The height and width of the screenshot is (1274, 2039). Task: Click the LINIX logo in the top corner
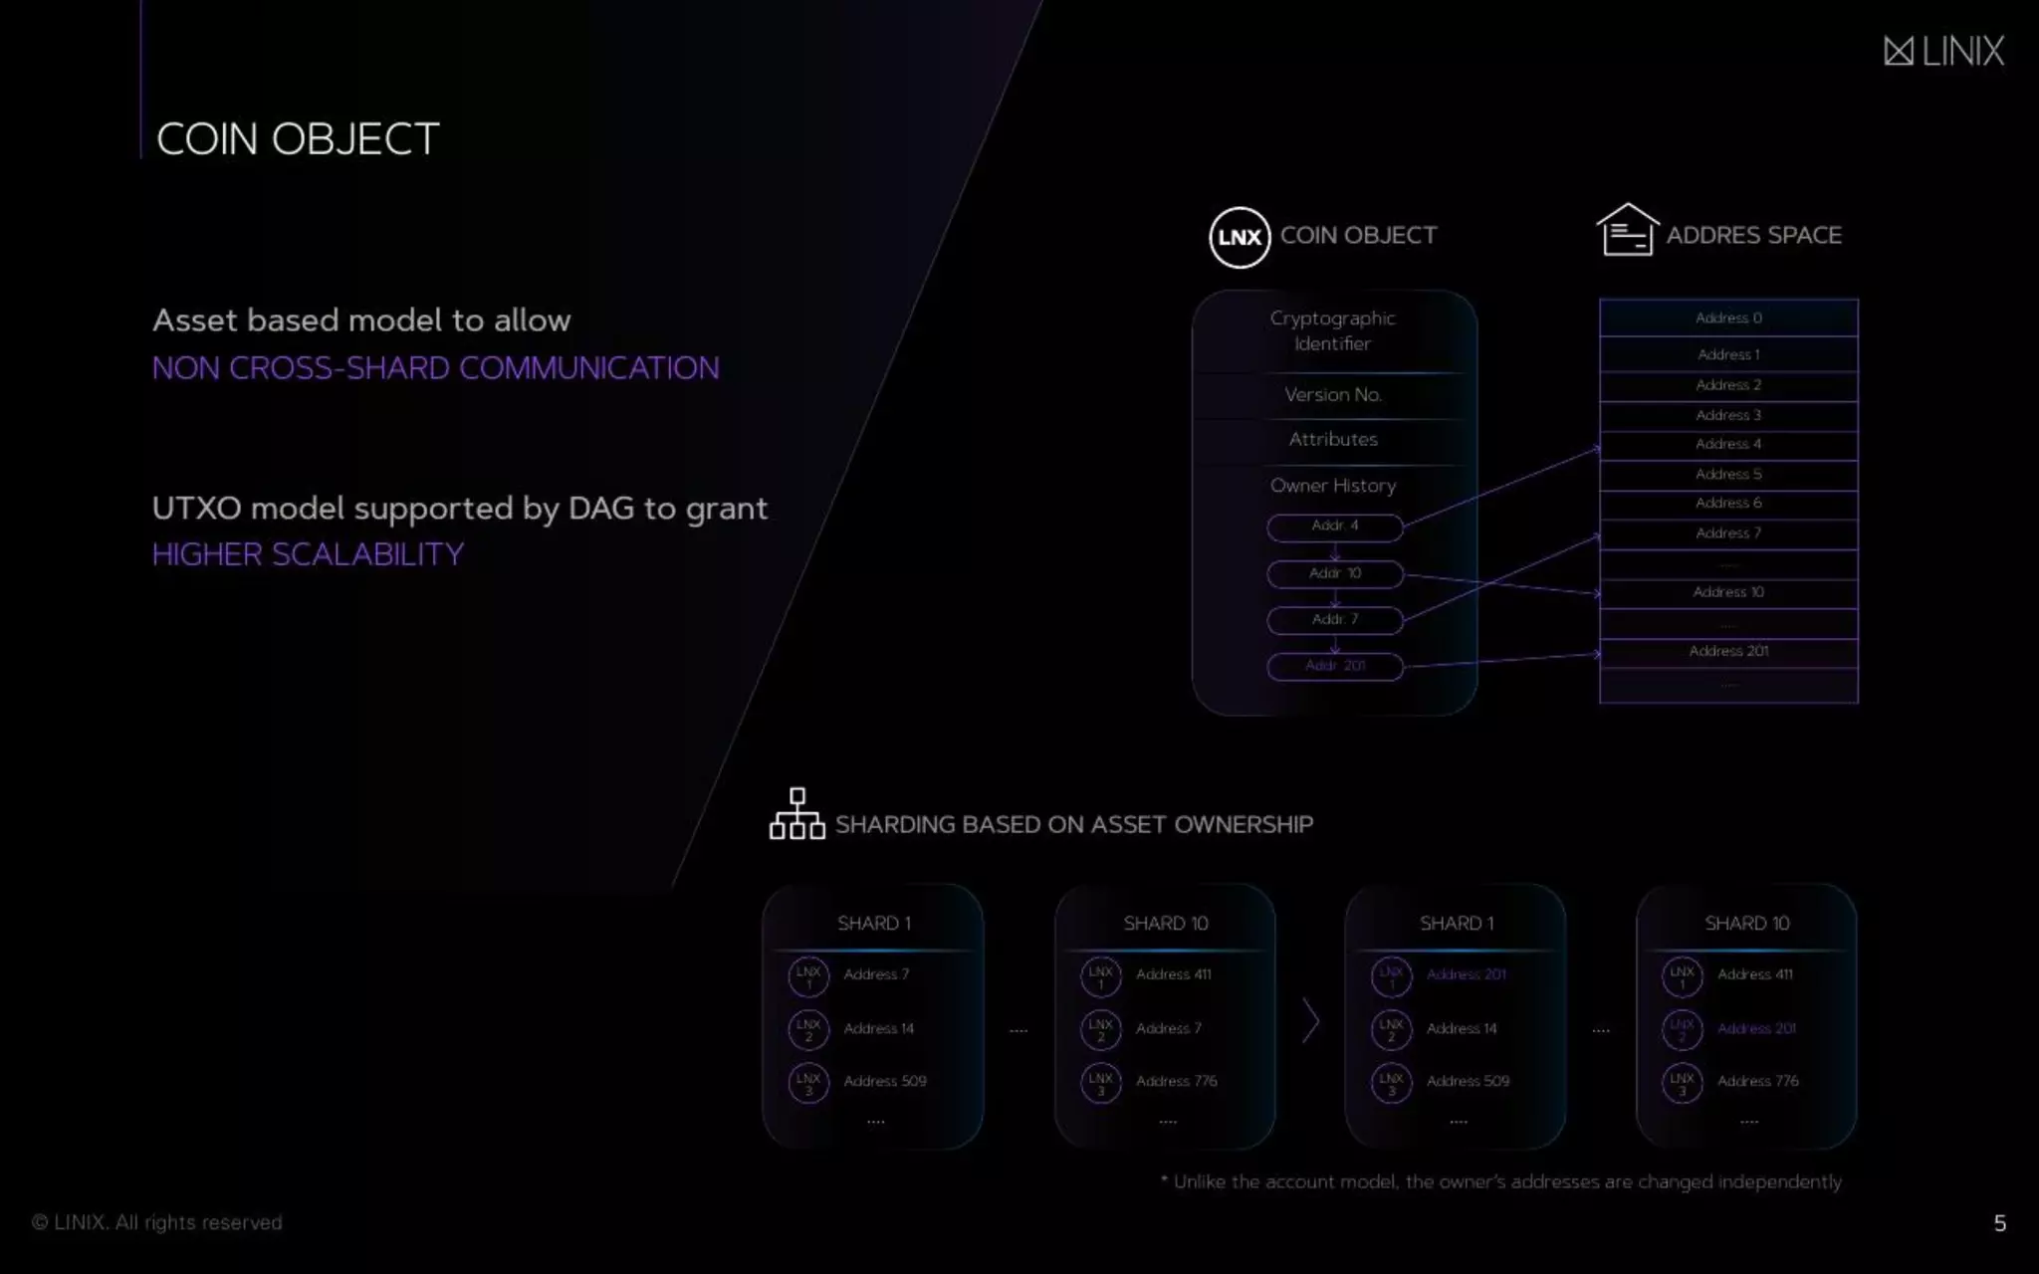(x=1943, y=51)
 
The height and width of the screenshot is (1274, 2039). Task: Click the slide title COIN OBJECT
(x=298, y=139)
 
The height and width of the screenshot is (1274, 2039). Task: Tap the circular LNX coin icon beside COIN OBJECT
(x=1239, y=237)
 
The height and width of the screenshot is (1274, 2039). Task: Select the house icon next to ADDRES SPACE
(x=1627, y=231)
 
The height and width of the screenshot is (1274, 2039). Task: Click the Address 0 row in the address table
(x=1728, y=318)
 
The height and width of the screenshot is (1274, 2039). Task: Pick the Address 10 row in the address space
(x=1728, y=592)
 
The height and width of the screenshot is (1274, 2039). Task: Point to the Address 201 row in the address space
(x=1728, y=651)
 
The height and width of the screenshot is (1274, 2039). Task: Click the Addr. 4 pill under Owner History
(x=1334, y=527)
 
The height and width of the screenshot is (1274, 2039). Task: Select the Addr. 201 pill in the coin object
(x=1334, y=666)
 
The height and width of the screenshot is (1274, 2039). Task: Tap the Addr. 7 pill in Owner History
(x=1334, y=620)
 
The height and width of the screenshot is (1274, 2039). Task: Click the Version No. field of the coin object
(x=1333, y=395)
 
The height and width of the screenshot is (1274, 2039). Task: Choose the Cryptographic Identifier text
(x=1333, y=330)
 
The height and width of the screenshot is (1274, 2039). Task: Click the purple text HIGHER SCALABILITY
(x=308, y=554)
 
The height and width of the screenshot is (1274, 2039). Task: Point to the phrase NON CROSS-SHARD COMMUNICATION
(x=435, y=368)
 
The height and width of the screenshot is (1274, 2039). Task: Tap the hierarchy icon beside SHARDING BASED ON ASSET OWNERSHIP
(x=796, y=814)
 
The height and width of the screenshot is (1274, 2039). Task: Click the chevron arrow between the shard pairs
(x=1310, y=1021)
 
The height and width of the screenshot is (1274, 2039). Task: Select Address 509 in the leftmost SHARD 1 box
(x=884, y=1081)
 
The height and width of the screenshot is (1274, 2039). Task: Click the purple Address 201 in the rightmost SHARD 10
(x=1756, y=1028)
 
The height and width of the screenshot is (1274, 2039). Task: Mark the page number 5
(x=1999, y=1223)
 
